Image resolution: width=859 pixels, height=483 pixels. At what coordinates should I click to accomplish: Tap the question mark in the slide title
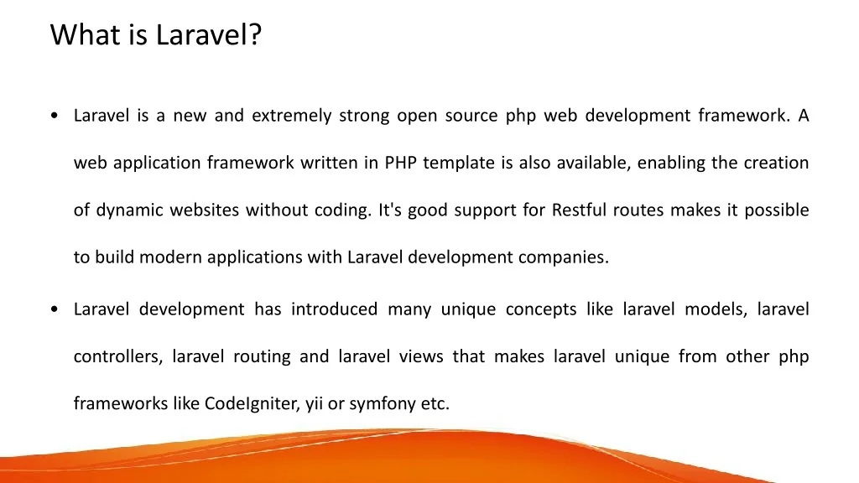tap(255, 34)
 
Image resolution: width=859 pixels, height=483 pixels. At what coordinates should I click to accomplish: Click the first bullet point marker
tap(54, 116)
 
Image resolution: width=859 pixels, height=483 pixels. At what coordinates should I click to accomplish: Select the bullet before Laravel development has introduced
tap(54, 309)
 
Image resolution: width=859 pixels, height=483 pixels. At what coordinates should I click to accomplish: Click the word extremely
tap(291, 116)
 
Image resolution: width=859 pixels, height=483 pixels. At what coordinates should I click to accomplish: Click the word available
tap(593, 163)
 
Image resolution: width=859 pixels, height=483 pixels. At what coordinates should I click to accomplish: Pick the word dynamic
tap(130, 210)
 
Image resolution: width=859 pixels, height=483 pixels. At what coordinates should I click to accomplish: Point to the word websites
tap(205, 210)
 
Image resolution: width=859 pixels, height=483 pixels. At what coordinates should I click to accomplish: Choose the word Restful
tap(579, 210)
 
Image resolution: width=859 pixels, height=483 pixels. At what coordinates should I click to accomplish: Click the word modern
tap(170, 257)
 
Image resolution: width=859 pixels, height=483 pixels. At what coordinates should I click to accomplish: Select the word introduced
tap(334, 309)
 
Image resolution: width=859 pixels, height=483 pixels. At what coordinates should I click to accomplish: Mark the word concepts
tap(541, 310)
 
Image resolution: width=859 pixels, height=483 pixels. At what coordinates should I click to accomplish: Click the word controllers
tap(118, 357)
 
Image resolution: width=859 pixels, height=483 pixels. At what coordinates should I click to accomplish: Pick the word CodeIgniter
tap(252, 403)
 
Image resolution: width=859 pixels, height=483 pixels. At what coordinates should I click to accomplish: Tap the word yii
tap(314, 404)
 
